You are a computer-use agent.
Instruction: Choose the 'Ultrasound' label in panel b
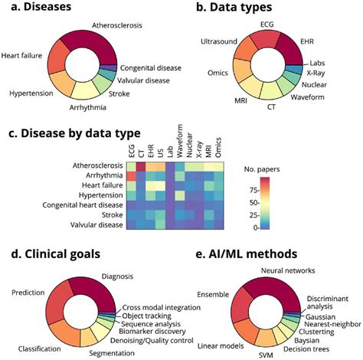pyautogui.click(x=221, y=40)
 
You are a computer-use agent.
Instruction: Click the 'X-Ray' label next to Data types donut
pyautogui.click(x=340, y=74)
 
